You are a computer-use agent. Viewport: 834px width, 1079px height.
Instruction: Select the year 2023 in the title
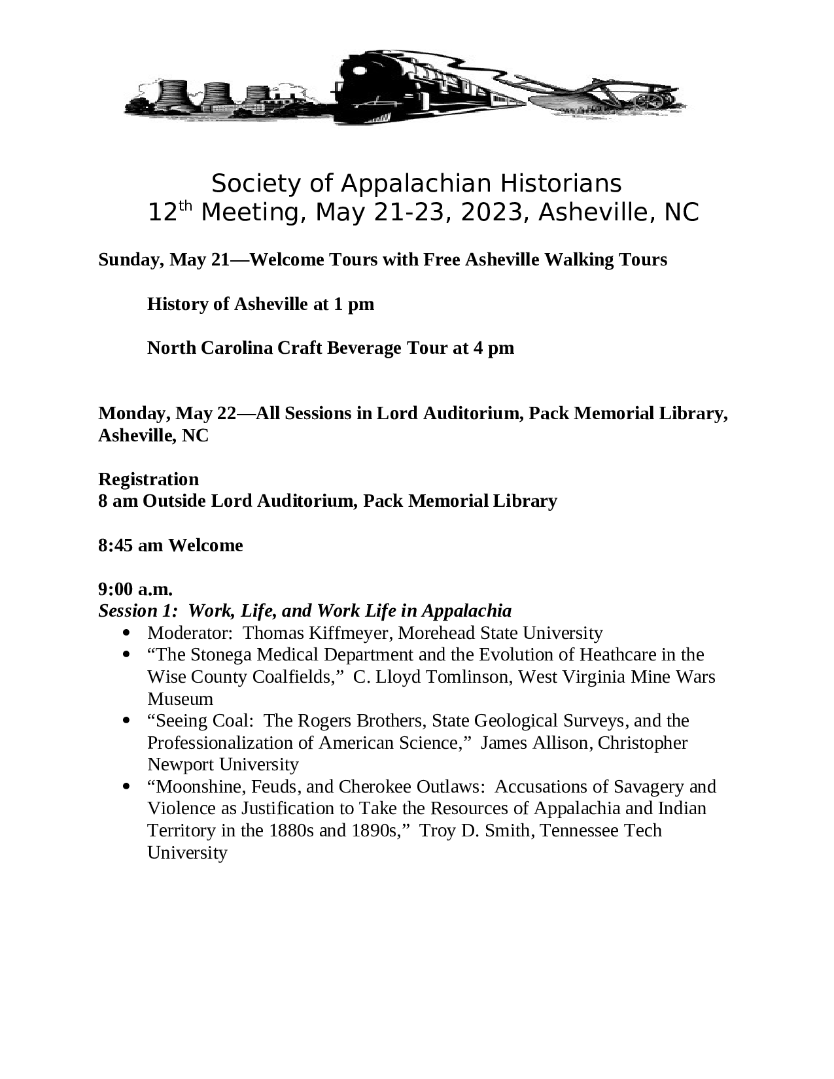pos(489,213)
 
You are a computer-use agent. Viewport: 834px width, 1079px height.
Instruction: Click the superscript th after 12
pos(186,207)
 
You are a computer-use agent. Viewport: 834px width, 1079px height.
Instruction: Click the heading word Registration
pos(148,479)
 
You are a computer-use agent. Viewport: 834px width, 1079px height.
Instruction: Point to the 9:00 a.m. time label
pos(135,589)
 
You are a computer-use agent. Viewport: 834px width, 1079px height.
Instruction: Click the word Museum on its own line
pos(180,699)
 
